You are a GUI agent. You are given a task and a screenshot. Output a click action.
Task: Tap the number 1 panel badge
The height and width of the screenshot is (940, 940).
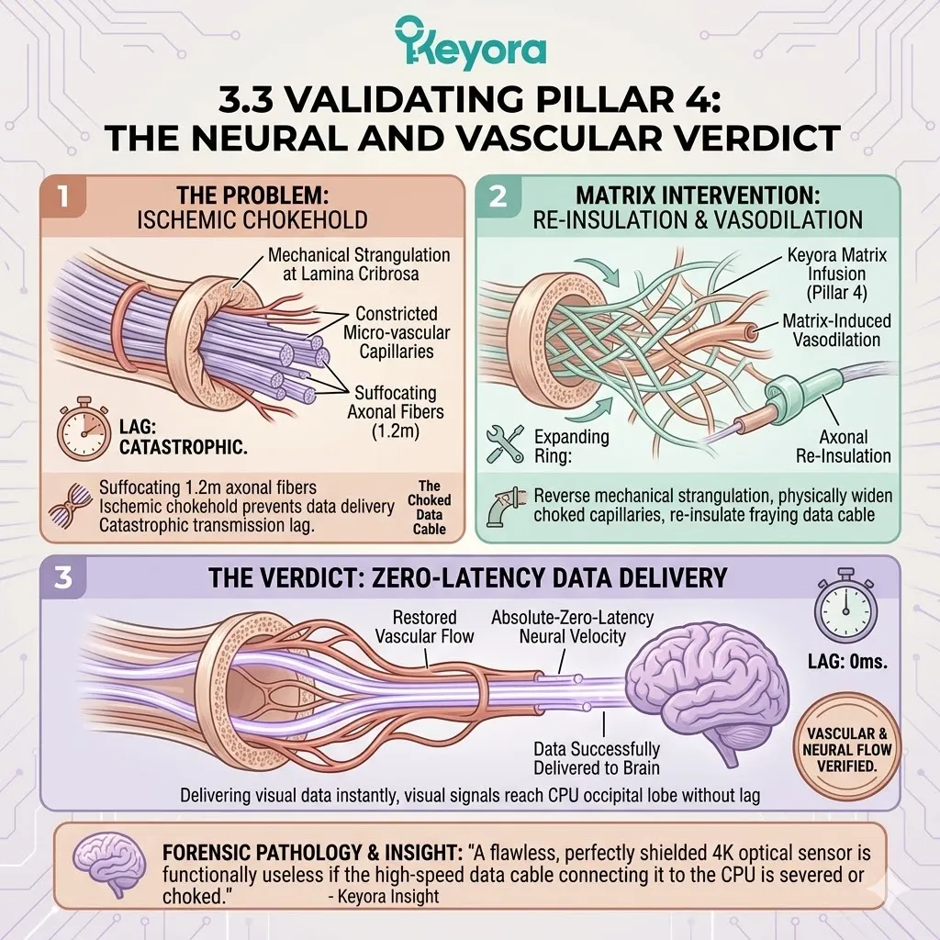click(63, 198)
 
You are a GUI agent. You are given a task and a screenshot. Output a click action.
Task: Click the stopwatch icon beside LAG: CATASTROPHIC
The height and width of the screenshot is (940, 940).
click(79, 429)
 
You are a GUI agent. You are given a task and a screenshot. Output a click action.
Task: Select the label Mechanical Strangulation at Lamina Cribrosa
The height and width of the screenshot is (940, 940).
click(359, 264)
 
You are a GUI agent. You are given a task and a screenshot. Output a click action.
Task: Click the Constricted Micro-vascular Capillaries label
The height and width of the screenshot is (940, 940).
click(397, 332)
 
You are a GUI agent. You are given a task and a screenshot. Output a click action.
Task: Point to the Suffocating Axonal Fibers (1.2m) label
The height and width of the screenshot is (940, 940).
click(397, 410)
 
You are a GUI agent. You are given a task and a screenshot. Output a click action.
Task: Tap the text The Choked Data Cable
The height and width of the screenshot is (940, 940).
click(429, 507)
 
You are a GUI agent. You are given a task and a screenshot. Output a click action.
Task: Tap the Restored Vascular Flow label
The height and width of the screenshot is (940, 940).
click(423, 626)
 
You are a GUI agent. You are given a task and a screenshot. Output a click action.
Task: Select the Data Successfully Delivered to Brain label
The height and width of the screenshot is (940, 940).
click(596, 758)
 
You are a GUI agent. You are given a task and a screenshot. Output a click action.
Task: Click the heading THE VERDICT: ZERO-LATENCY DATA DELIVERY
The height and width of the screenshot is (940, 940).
click(468, 577)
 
